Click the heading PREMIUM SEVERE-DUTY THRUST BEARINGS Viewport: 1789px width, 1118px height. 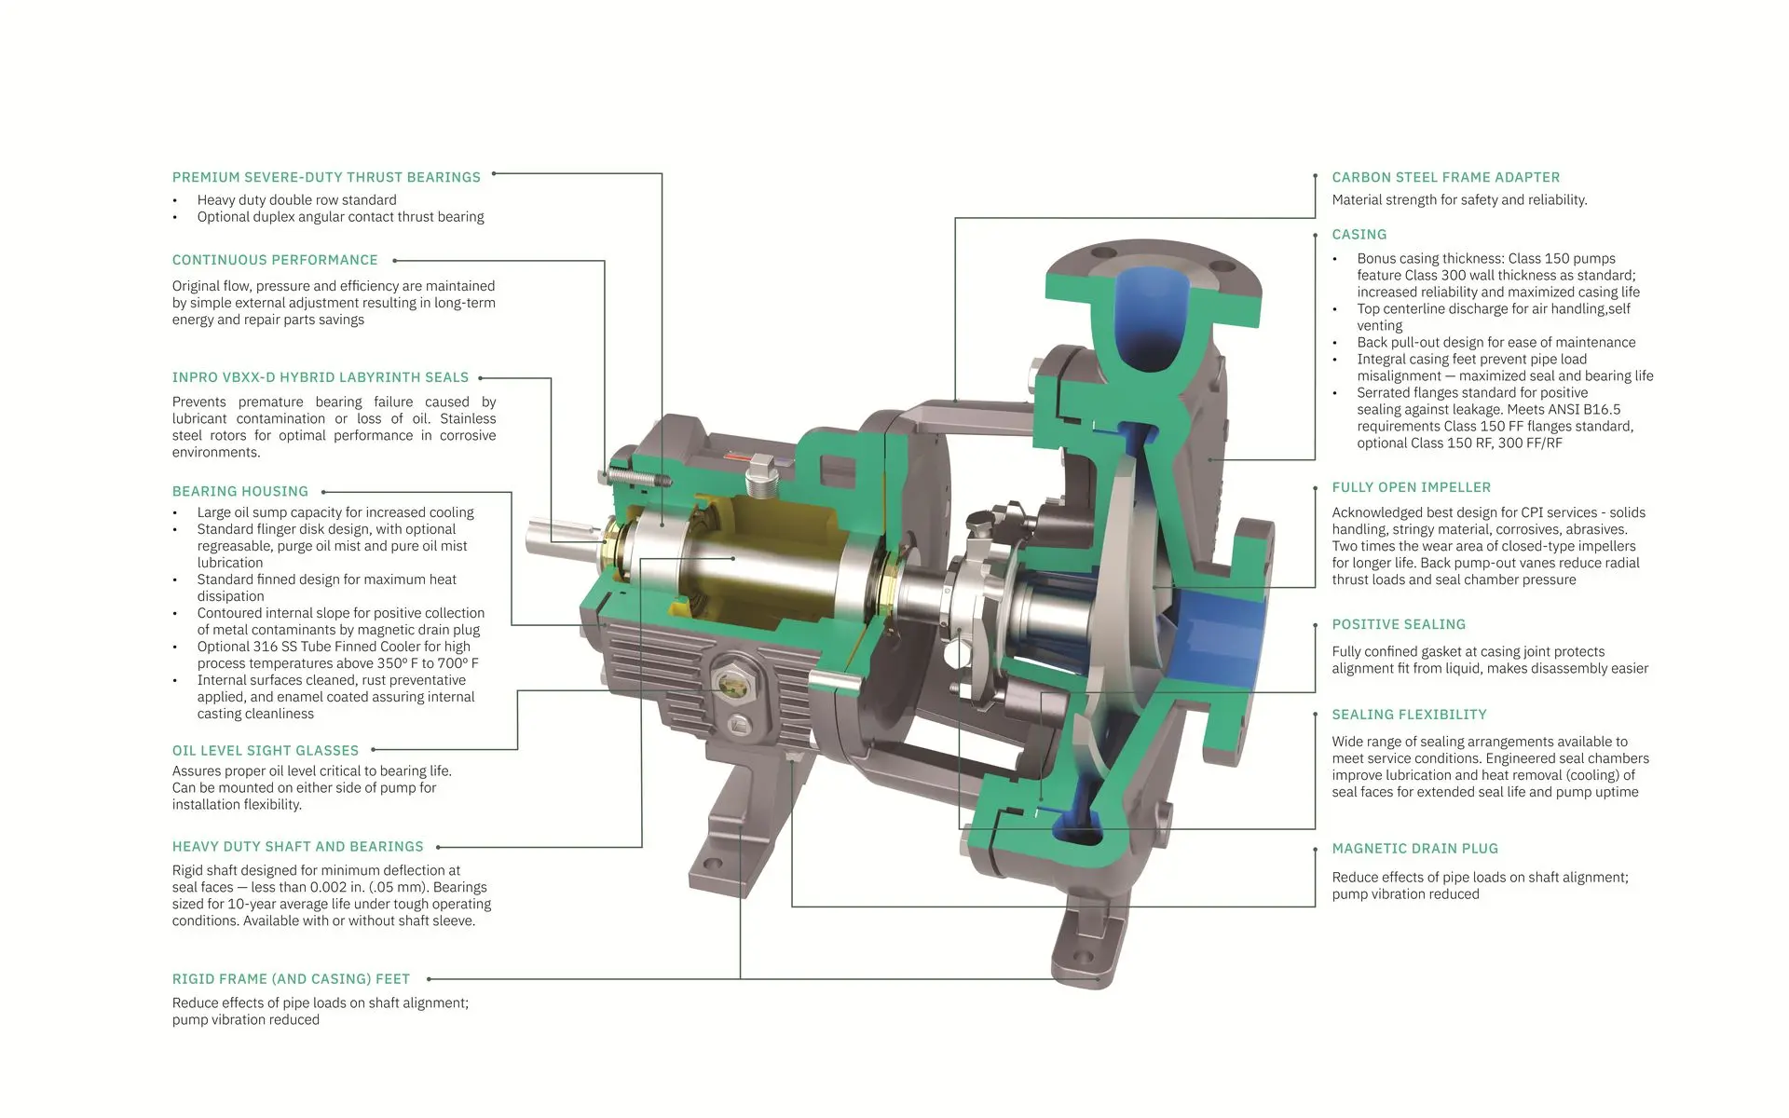tap(326, 177)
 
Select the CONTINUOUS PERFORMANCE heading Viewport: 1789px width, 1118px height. tap(275, 260)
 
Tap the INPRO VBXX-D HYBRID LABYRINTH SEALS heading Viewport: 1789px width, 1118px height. tap(321, 377)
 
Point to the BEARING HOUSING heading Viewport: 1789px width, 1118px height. tap(240, 491)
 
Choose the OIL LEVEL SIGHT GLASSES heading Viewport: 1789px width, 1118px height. tap(266, 750)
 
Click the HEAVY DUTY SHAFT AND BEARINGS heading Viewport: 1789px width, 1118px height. tap(298, 847)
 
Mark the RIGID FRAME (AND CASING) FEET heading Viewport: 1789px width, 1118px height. tap(291, 979)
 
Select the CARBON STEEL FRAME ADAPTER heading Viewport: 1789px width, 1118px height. tap(1446, 177)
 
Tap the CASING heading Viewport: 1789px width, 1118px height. tap(1359, 235)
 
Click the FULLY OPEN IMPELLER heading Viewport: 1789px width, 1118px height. tap(1412, 487)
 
